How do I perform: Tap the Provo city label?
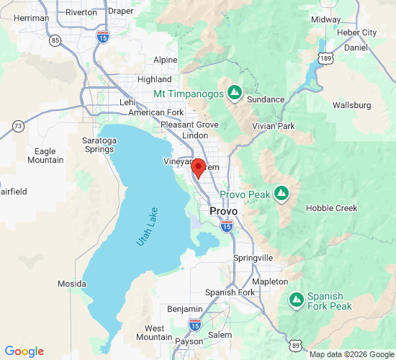223,211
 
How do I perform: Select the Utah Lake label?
148,227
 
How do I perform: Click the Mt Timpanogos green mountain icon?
234,93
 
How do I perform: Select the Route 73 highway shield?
18,127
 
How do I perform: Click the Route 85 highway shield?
56,40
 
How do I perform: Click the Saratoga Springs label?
98,144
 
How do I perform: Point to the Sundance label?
266,99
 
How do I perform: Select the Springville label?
253,257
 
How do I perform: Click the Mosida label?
72,284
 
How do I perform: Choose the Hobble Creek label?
331,208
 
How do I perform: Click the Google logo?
24,351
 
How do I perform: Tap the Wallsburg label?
352,105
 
